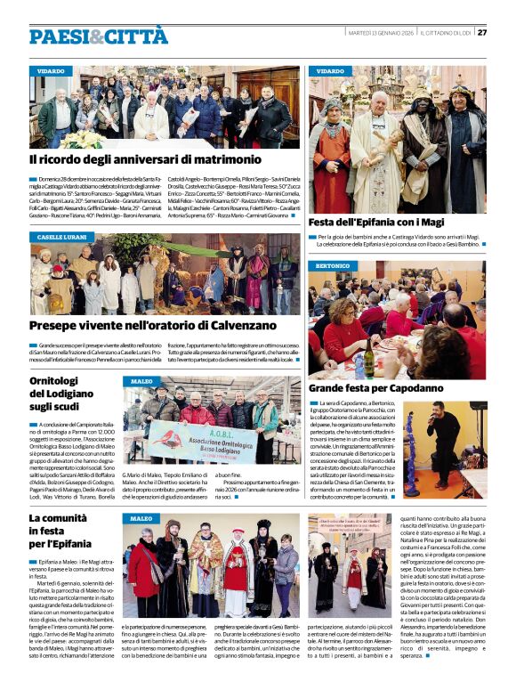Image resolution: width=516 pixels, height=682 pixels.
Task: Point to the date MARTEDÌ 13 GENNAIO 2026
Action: tap(380, 32)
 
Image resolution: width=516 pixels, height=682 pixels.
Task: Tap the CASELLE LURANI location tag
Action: tap(62, 238)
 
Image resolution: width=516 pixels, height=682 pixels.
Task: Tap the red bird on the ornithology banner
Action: tap(157, 434)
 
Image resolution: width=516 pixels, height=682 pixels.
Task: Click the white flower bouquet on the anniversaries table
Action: tap(84, 139)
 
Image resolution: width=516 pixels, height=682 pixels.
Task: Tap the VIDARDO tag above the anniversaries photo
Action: tap(51, 70)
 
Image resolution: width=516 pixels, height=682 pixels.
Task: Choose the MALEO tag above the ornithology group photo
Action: tap(142, 381)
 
